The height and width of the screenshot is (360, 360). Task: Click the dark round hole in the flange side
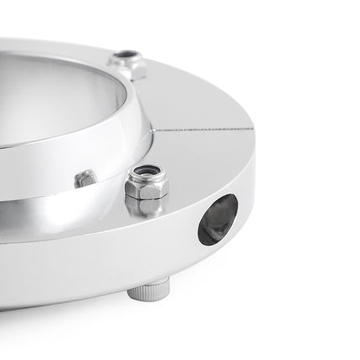point(218,219)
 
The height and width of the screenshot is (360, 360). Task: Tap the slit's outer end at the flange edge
point(252,129)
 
